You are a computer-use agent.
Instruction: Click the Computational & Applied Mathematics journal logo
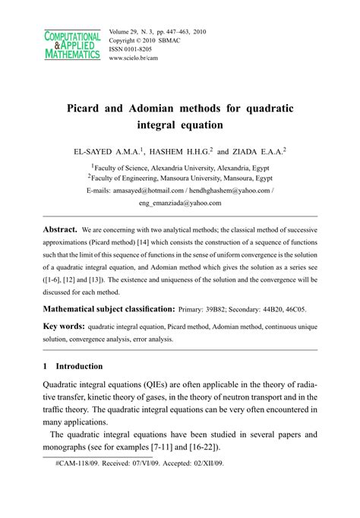[x=71, y=46]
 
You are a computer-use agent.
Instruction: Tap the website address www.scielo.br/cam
[x=141, y=58]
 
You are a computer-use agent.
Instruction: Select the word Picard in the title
[x=88, y=108]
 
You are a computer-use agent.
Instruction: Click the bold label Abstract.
[x=59, y=229]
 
